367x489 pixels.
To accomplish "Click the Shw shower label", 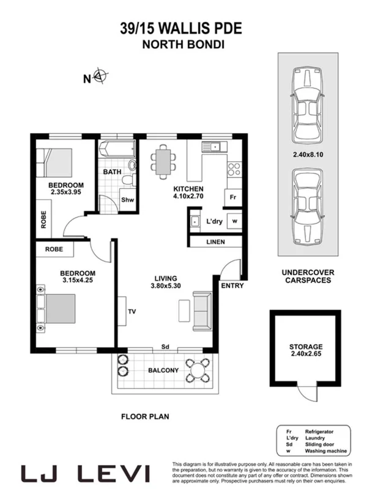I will click(x=127, y=200).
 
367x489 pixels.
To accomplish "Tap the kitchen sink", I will click(x=217, y=147).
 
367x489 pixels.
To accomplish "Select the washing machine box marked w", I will click(x=234, y=221).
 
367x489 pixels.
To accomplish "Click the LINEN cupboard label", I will click(x=215, y=242).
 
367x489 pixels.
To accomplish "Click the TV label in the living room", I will click(x=132, y=311).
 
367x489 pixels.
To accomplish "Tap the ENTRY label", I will click(x=232, y=285).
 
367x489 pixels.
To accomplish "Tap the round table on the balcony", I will click(x=196, y=370).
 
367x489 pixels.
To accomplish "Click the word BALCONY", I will click(x=163, y=370).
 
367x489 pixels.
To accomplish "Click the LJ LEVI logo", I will click(x=86, y=472).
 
